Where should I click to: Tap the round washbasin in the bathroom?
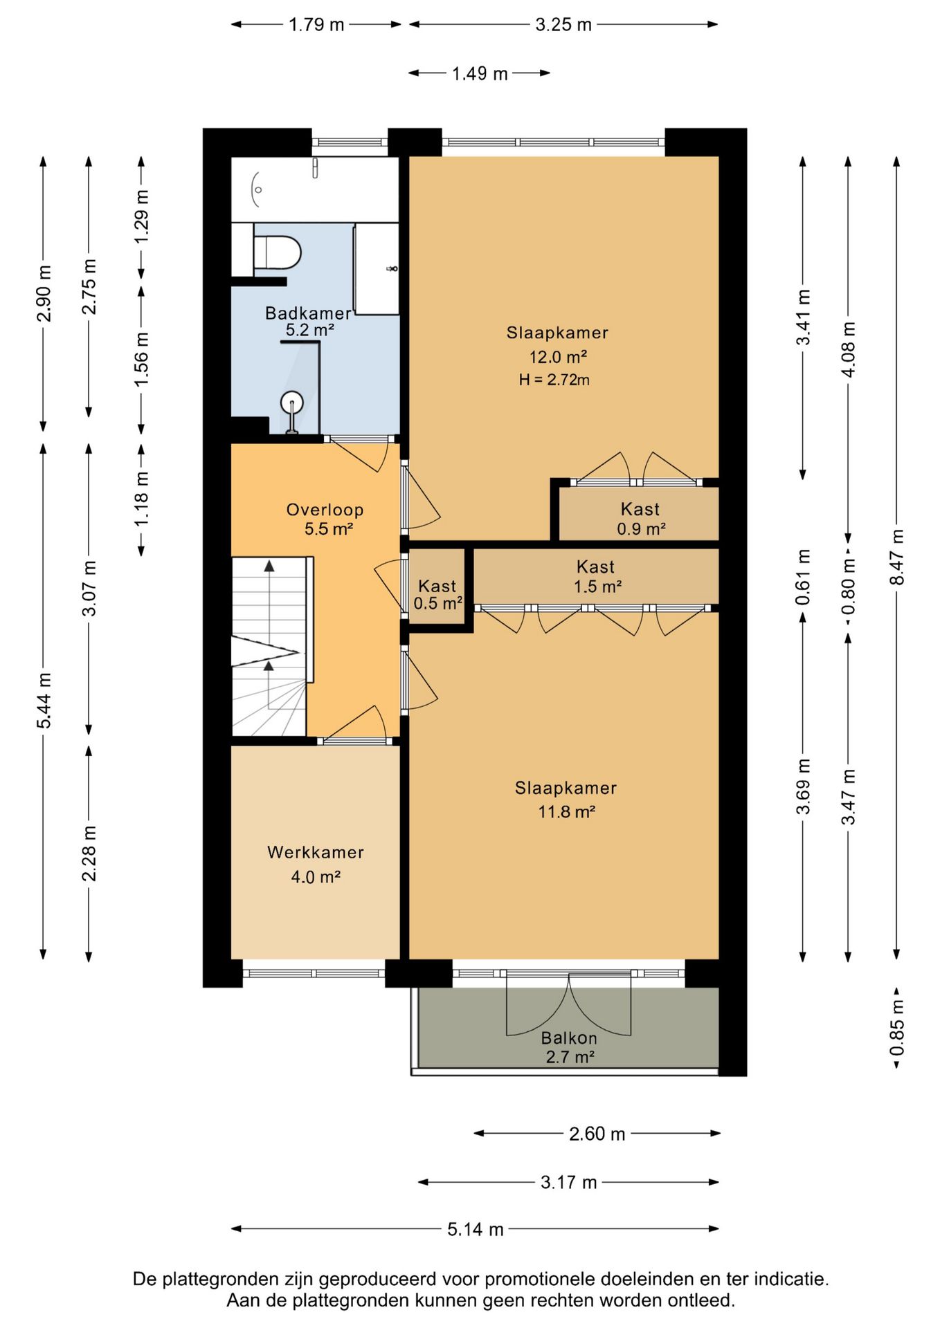coord(292,402)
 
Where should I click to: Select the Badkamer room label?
coord(308,313)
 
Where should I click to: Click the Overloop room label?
coord(325,510)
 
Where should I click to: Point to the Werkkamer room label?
coord(316,852)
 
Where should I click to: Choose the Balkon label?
coord(569,1038)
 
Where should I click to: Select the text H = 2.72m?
coord(554,380)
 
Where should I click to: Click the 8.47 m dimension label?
coord(897,557)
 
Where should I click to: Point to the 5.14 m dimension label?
coord(475,1229)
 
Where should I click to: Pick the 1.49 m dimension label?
coord(480,73)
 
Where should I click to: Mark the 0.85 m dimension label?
coord(897,1028)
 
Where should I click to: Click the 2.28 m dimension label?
coord(89,854)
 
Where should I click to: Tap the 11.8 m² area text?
coord(567,812)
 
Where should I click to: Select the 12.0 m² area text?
coord(558,357)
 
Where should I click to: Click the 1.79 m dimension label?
coord(316,25)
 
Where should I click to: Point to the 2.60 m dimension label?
coord(597,1134)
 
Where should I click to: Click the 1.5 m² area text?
coord(597,587)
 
